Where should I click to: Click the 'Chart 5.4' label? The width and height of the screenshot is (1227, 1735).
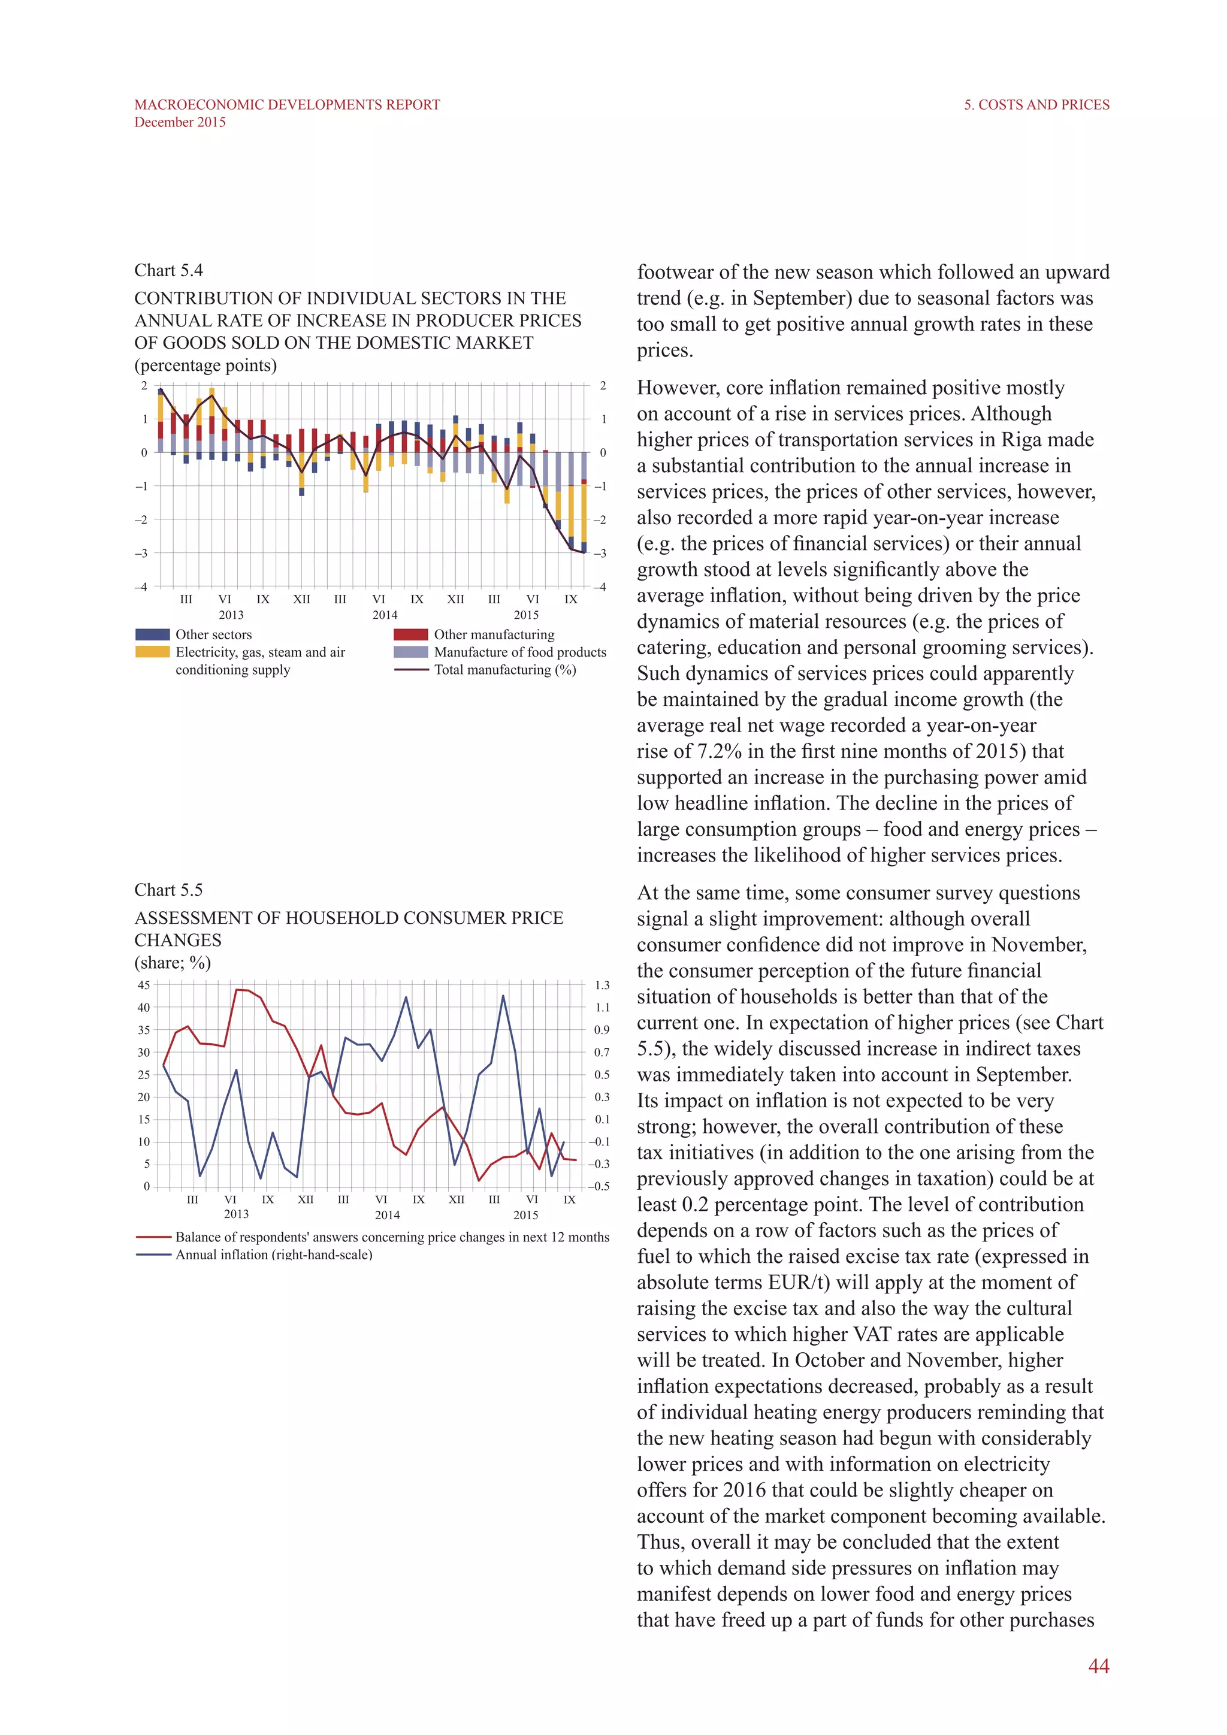[168, 271]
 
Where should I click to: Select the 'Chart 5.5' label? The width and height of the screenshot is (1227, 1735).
[168, 890]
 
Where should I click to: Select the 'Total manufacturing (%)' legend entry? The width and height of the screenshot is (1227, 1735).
[504, 670]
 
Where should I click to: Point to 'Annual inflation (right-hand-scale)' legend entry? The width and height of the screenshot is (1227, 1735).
[274, 1255]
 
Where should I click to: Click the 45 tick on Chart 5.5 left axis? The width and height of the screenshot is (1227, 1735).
[144, 986]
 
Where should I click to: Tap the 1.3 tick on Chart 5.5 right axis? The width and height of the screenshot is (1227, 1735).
[602, 986]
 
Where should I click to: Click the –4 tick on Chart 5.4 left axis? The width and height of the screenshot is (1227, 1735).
[141, 587]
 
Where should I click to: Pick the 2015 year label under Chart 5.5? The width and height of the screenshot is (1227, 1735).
[526, 1215]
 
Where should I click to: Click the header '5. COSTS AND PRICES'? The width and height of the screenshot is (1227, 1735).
[1036, 105]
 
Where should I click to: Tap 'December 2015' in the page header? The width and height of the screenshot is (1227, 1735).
[180, 122]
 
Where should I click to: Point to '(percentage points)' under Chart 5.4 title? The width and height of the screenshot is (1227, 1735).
[205, 365]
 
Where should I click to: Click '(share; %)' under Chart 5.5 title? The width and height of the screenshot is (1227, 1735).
[173, 963]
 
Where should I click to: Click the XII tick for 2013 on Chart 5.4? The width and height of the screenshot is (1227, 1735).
[301, 599]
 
